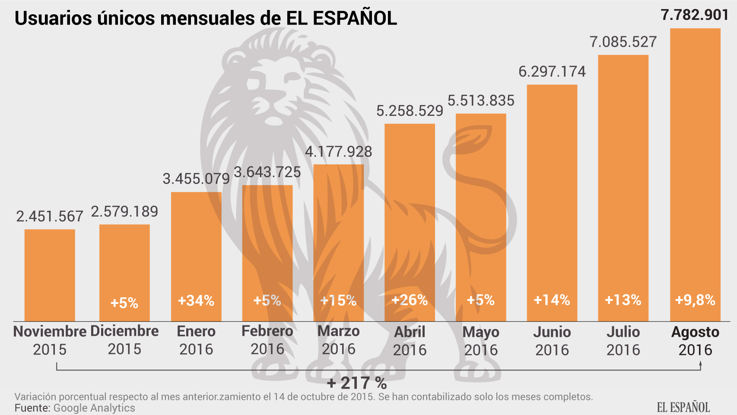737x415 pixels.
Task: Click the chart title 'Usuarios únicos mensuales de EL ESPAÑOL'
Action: [x=206, y=19]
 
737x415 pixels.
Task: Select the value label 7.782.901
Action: [x=695, y=15]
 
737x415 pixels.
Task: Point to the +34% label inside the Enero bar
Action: [x=196, y=300]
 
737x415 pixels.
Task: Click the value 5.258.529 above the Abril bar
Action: [x=410, y=111]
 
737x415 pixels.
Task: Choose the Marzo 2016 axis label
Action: [x=338, y=340]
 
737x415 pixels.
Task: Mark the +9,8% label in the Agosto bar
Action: [x=695, y=300]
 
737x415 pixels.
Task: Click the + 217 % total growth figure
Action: [x=357, y=383]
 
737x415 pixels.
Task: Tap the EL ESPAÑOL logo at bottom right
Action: [x=683, y=407]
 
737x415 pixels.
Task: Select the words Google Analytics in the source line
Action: [x=94, y=408]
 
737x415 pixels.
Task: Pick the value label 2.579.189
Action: [x=124, y=212]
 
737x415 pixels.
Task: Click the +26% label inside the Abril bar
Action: [x=410, y=300]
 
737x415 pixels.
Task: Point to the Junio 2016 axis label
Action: [x=552, y=341]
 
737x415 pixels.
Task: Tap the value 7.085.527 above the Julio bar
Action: [x=623, y=42]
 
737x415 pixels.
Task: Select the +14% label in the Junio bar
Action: [x=552, y=300]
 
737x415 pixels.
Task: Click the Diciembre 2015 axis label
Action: [x=124, y=340]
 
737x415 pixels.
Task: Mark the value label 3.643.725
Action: [x=267, y=172]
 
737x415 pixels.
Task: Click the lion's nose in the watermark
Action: [x=273, y=120]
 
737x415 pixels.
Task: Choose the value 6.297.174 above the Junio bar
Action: [x=552, y=72]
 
